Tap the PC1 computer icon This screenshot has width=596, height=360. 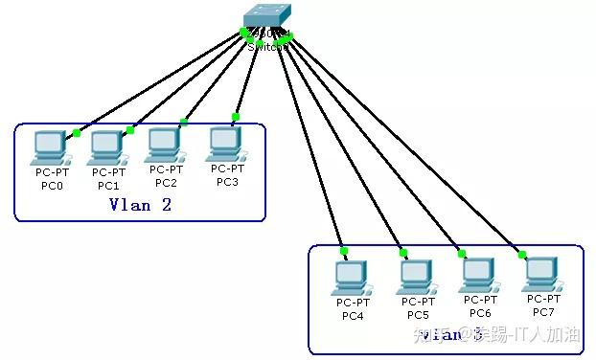105,147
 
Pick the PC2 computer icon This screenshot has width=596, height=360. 165,145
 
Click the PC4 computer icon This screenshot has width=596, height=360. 350,278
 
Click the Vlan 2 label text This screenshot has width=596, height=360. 140,204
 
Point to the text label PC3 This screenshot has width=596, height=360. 227,182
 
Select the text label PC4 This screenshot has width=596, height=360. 353,316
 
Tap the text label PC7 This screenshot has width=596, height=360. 542,312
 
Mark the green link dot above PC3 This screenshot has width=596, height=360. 235,117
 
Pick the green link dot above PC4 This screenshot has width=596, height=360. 343,251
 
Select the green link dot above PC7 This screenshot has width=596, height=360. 522,254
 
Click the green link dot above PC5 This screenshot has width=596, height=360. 403,253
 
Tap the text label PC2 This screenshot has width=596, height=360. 166,183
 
